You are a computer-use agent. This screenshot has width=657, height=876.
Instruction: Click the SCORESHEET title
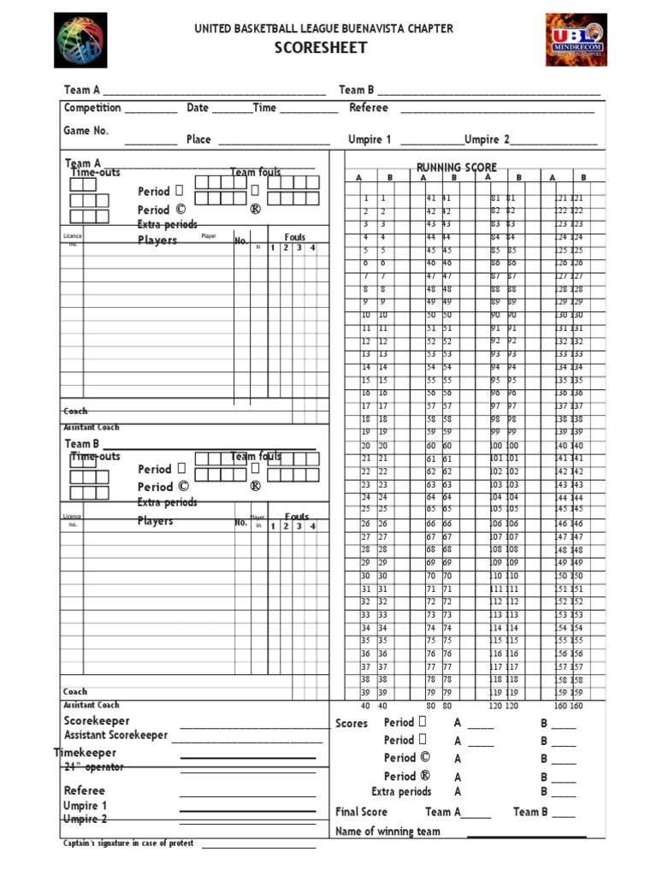coord(321,48)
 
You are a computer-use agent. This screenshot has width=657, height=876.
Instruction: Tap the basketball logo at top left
coord(80,40)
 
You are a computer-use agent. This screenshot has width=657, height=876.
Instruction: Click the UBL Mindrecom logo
coord(576,40)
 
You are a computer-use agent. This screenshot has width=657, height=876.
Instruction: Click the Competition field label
coord(92,108)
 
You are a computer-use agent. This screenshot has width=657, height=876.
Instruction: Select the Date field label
coord(198,108)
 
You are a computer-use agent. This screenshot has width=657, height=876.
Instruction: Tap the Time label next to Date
coord(264,108)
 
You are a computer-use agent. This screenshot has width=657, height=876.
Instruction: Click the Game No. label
coord(86,131)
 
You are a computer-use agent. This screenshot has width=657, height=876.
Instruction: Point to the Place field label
coord(198,139)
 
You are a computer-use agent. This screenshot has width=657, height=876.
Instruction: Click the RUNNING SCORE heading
coord(456,168)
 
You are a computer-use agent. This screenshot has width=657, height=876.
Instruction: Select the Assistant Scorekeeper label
coord(115,736)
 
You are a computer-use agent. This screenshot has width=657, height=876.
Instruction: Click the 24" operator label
coord(93,767)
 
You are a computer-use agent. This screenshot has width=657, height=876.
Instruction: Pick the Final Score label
coord(361,812)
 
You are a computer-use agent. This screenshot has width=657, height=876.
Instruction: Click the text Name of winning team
coord(388,832)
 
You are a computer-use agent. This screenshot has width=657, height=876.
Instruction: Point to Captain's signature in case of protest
coord(128,843)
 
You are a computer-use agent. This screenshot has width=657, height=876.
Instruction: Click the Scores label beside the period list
coord(352,724)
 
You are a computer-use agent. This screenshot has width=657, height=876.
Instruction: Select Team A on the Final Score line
coord(443,812)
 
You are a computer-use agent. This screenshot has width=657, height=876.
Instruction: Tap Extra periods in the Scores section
coord(401,792)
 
